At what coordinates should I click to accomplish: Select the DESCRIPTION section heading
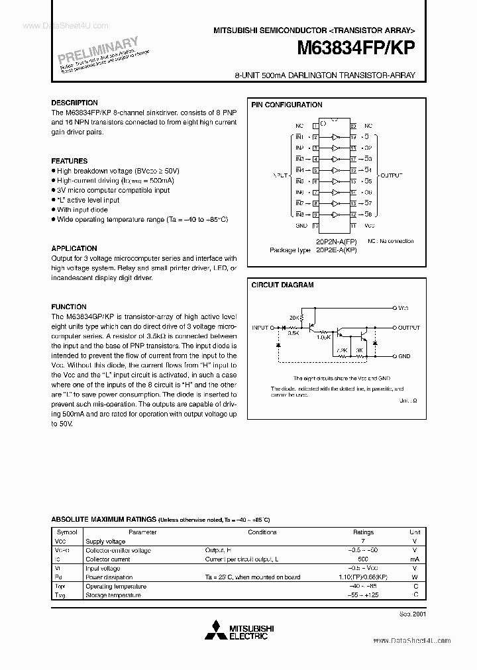pyautogui.click(x=74, y=103)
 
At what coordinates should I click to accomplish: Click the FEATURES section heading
pyautogui.click(x=70, y=161)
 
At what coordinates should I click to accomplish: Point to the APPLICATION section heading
pyautogui.click(x=74, y=249)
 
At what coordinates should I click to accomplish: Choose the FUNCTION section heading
pyautogui.click(x=69, y=307)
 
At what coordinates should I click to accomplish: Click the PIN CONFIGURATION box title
pyautogui.click(x=287, y=105)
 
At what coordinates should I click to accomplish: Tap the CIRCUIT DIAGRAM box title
pyautogui.click(x=282, y=285)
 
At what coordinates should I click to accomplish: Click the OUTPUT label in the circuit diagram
pyautogui.click(x=409, y=328)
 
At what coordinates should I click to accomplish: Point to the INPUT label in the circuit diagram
pyautogui.click(x=260, y=328)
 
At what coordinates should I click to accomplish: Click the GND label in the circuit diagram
pyautogui.click(x=404, y=356)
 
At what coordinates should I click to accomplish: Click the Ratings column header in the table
pyautogui.click(x=363, y=532)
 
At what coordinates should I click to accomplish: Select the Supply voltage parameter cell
pyautogui.click(x=105, y=541)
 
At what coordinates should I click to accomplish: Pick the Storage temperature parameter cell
pyautogui.click(x=113, y=595)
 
